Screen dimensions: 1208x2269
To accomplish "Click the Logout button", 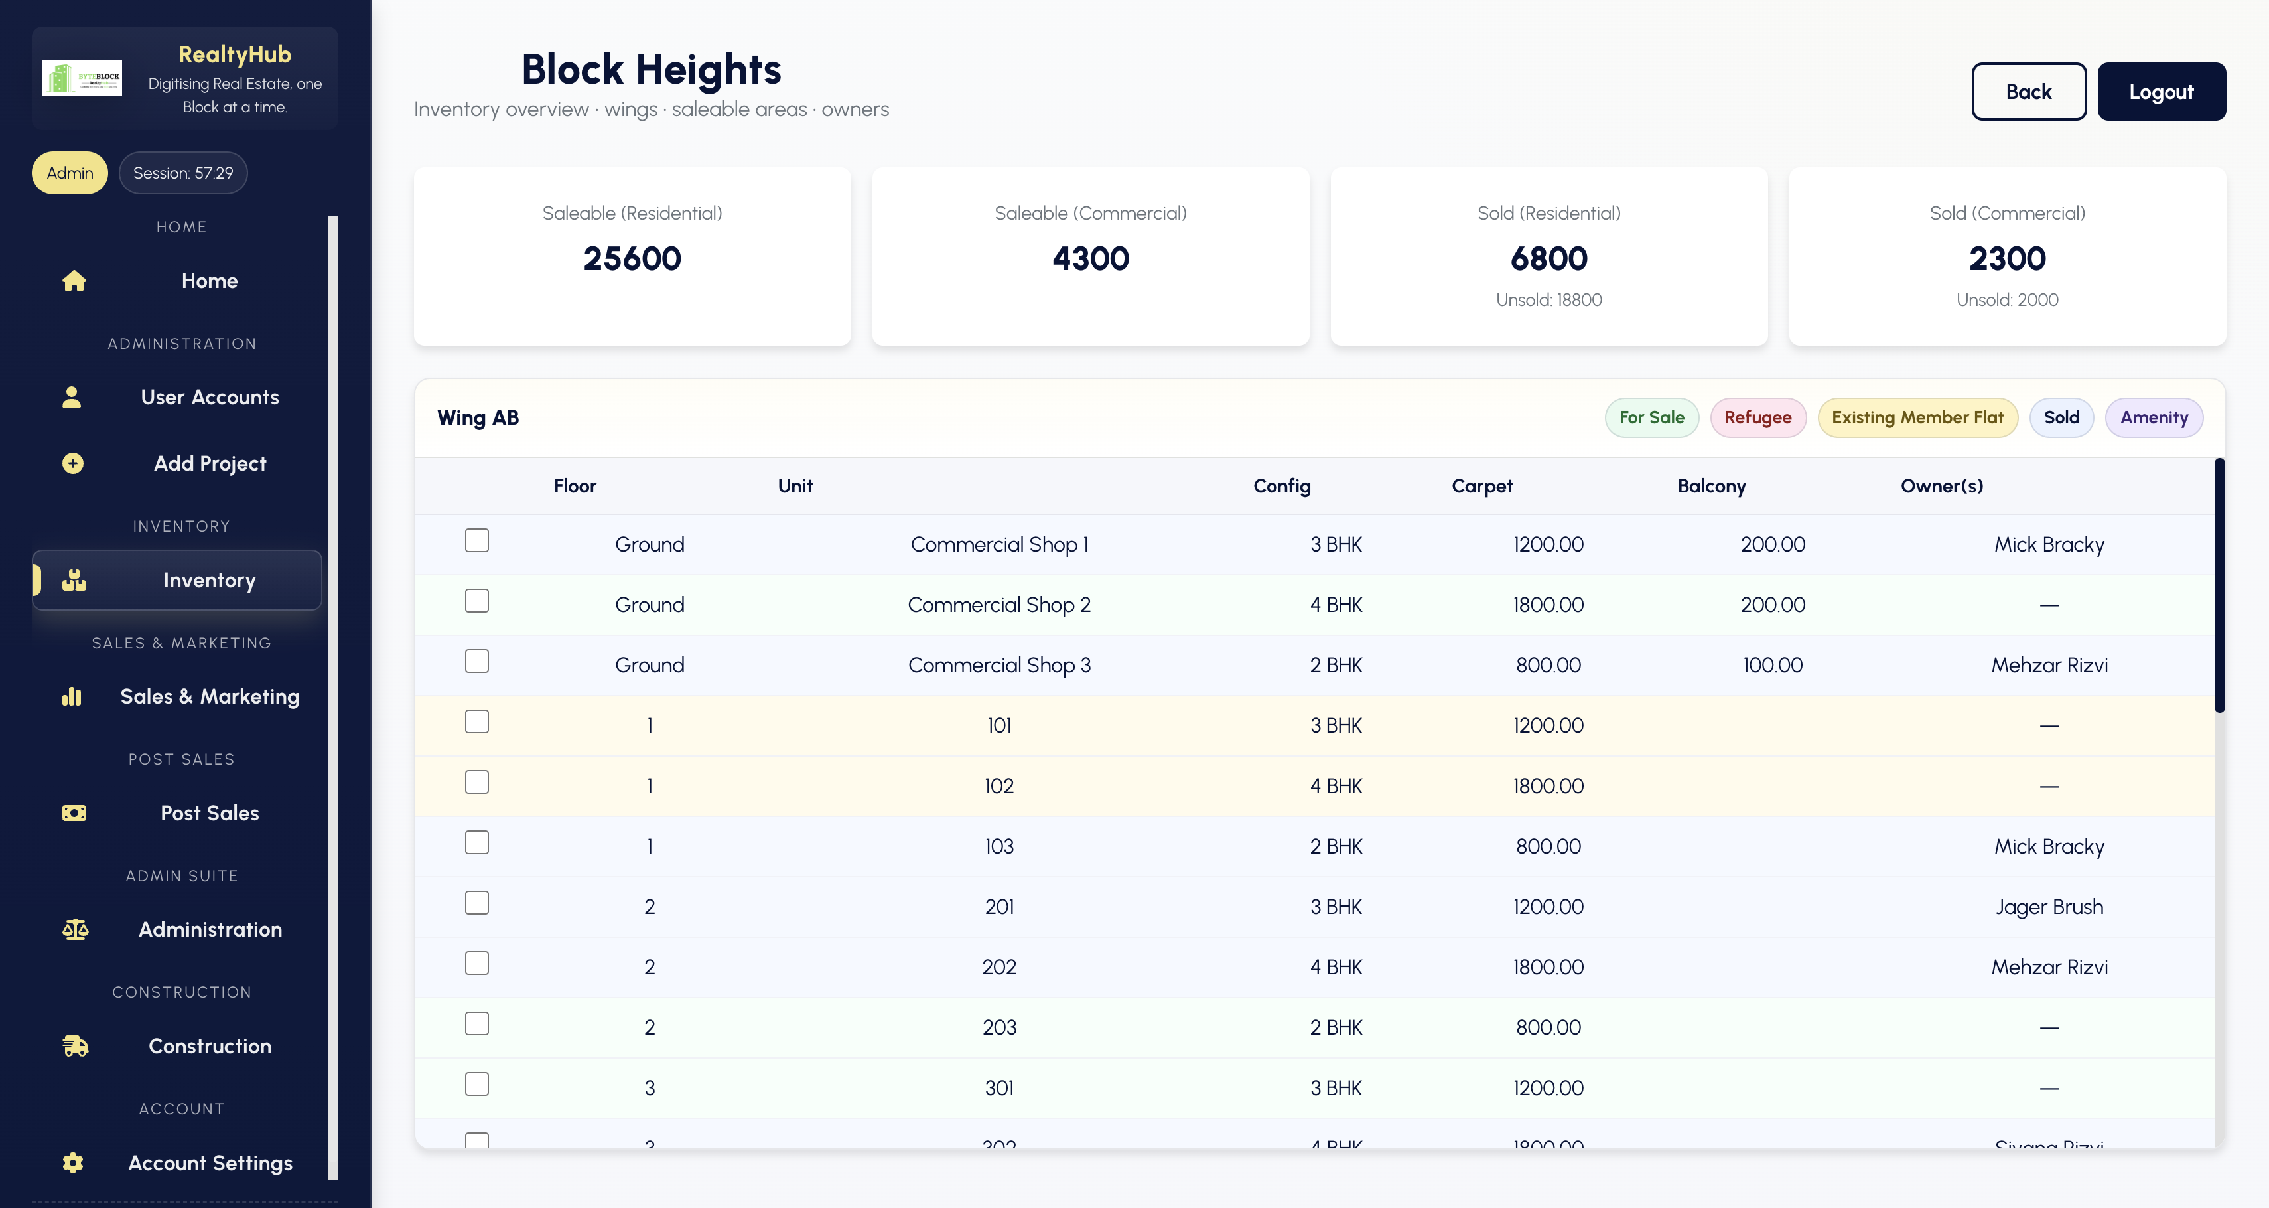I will pyautogui.click(x=2161, y=92).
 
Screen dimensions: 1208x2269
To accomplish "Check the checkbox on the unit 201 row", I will pyautogui.click(x=476, y=903).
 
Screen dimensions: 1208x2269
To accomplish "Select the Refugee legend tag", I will pyautogui.click(x=1757, y=417).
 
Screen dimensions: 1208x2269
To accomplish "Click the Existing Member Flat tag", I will pyautogui.click(x=1917, y=417).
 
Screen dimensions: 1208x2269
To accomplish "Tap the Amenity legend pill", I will pyautogui.click(x=2153, y=417).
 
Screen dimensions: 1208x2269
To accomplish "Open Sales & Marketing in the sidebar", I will pyautogui.click(x=209, y=697).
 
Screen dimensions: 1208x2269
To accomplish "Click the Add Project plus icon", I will pyautogui.click(x=73, y=463).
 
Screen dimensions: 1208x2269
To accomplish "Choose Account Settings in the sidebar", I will pyautogui.click(x=209, y=1163).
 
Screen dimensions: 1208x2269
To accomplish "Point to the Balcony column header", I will pyautogui.click(x=1710, y=487).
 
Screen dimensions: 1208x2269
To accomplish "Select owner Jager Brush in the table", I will pyautogui.click(x=2048, y=907).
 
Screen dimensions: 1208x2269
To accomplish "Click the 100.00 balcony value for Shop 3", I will pyautogui.click(x=1771, y=665).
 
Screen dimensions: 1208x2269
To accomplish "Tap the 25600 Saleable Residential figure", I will pyautogui.click(x=632, y=259).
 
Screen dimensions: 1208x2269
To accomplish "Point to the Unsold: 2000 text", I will pyautogui.click(x=2006, y=301).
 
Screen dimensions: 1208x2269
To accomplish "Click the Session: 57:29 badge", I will pyautogui.click(x=183, y=173).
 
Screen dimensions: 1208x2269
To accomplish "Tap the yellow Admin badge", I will pyautogui.click(x=70, y=173).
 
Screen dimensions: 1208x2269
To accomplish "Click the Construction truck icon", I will pyautogui.click(x=75, y=1046).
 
